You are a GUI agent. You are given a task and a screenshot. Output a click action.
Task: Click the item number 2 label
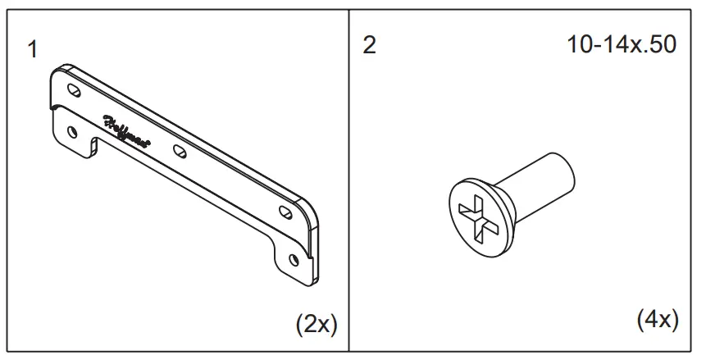[x=369, y=46]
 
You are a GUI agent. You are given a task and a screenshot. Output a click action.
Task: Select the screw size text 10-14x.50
[x=622, y=45]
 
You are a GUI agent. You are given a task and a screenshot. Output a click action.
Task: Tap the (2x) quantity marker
[x=316, y=325]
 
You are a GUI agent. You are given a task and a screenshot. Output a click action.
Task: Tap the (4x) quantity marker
[x=657, y=320]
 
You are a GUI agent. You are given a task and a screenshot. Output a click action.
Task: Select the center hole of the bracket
[x=179, y=151]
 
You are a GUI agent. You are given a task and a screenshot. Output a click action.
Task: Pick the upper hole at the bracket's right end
[x=285, y=212]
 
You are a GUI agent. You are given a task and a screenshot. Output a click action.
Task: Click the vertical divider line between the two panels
[x=350, y=180]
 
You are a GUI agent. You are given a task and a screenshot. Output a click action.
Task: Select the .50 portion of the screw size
[x=659, y=45]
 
